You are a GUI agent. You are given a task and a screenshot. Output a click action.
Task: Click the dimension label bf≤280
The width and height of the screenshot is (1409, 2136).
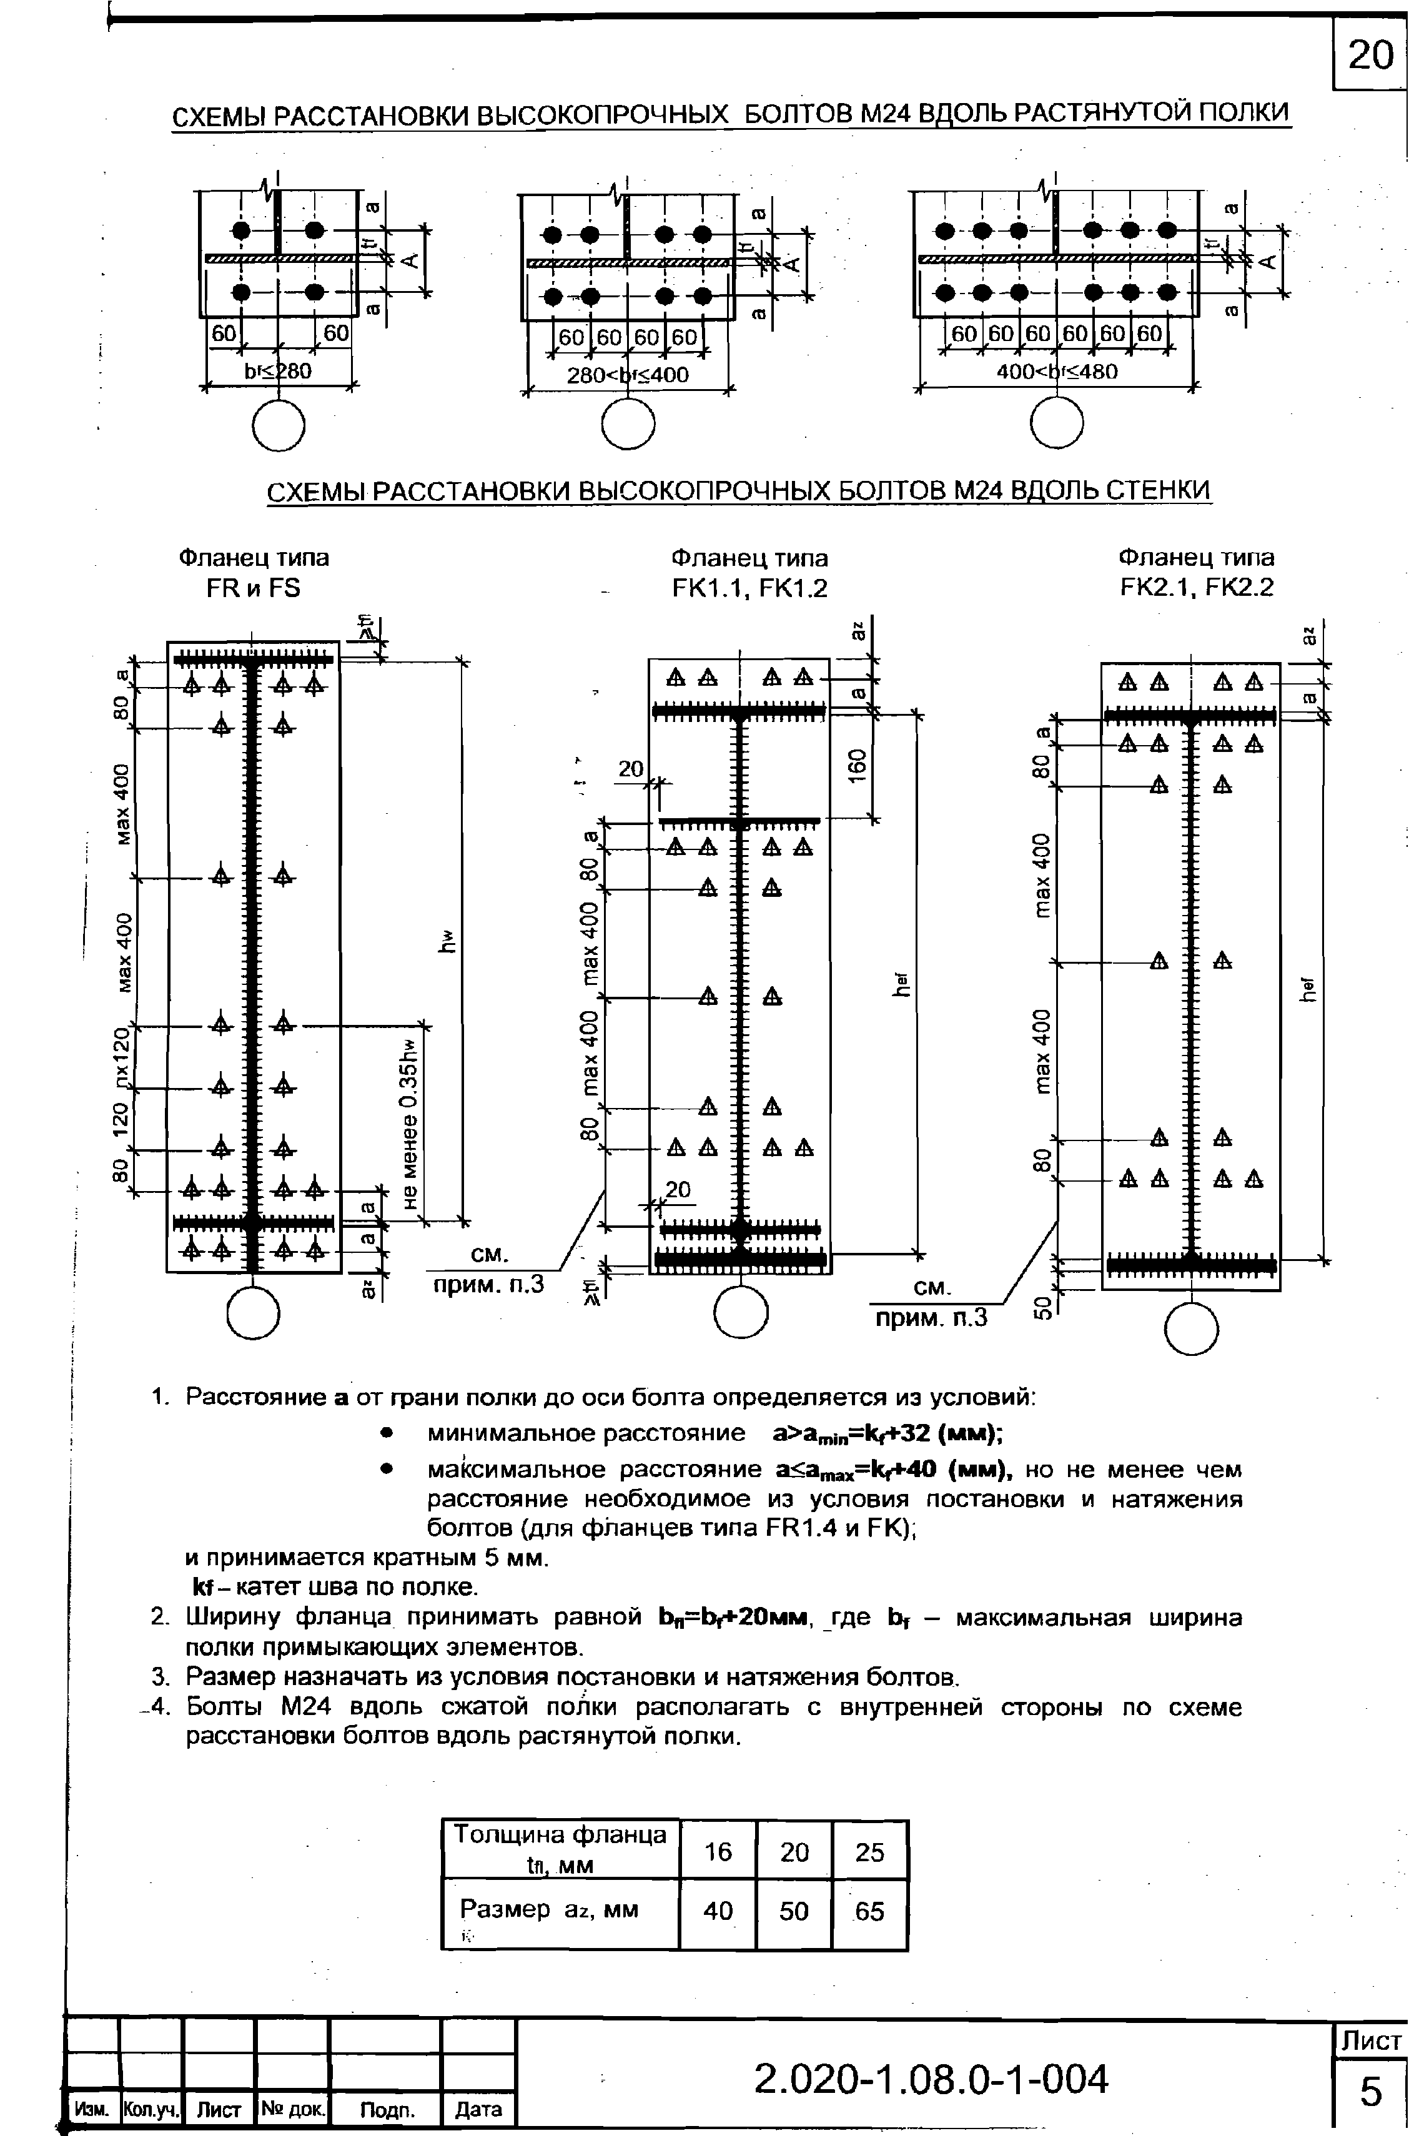(278, 371)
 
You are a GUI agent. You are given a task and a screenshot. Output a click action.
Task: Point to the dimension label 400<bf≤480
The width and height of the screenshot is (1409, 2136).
(1057, 371)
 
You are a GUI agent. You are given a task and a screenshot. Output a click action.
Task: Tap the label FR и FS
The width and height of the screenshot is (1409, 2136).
(254, 588)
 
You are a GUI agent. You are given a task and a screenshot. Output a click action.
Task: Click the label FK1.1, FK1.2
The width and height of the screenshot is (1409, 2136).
(749, 588)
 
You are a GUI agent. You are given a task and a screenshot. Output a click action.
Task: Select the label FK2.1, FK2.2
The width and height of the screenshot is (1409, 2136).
(1197, 588)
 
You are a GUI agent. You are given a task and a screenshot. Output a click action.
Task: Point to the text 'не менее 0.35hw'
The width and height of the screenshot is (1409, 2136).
(410, 1124)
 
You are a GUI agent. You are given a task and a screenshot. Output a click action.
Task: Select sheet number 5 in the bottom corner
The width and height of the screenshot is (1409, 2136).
(1370, 2093)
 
